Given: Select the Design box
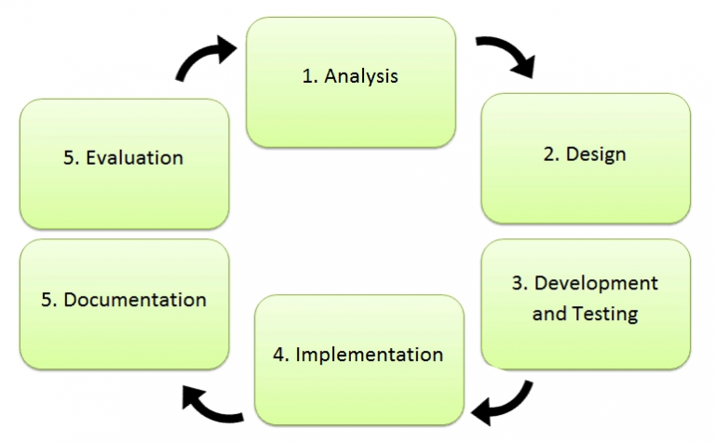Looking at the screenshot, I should click(x=585, y=157).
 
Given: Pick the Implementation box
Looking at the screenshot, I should click(x=358, y=359).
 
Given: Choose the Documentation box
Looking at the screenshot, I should click(x=124, y=303).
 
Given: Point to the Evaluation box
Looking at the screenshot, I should click(x=124, y=163).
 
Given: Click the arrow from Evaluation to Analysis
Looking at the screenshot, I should click(x=204, y=58).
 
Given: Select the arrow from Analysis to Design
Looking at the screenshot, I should click(x=507, y=56).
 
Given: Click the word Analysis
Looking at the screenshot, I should click(x=362, y=76).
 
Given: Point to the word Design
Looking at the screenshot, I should click(x=596, y=154).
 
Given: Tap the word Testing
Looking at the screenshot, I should click(x=604, y=314).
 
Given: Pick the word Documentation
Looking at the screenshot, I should click(x=135, y=300).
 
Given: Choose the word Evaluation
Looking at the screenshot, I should click(x=135, y=157).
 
